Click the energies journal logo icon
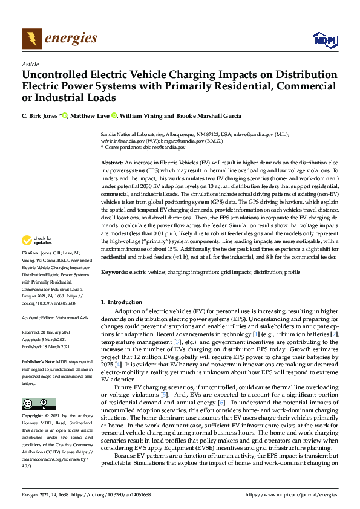[x=31, y=39]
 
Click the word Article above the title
[x=30, y=64]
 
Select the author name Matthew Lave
[x=91, y=116]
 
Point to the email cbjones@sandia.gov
[x=165, y=147]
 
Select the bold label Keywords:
[x=114, y=273]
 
